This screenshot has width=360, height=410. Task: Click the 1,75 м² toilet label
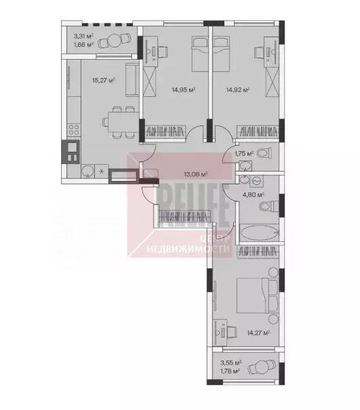pos(244,154)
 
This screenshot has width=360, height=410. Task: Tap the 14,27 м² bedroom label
pos(259,333)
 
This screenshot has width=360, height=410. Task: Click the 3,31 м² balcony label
pos(84,38)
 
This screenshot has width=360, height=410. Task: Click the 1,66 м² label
pos(84,47)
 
